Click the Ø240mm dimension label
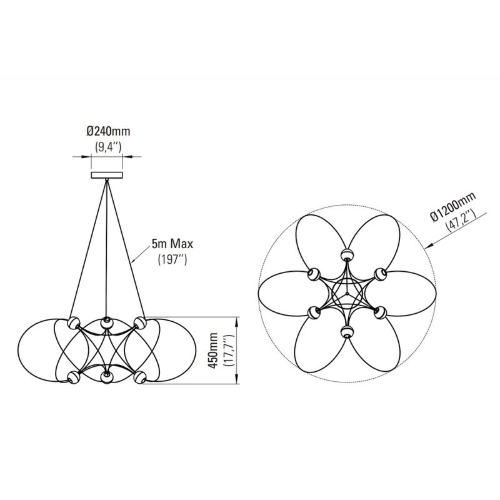click(x=108, y=132)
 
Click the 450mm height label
click(x=216, y=351)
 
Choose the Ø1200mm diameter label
click(x=451, y=208)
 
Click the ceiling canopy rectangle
click(x=108, y=176)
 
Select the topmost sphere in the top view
click(x=347, y=254)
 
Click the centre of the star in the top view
click(x=347, y=292)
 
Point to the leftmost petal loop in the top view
click(x=281, y=292)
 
